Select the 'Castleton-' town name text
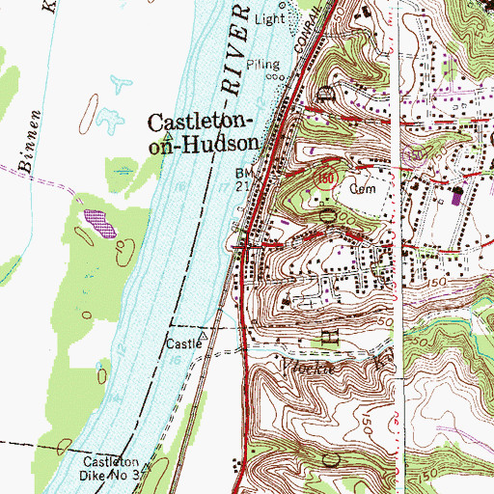click(x=202, y=122)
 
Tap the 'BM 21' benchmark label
click(x=246, y=179)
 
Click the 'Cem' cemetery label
click(x=362, y=189)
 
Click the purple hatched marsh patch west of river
click(x=97, y=223)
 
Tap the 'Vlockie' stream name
click(x=301, y=366)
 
